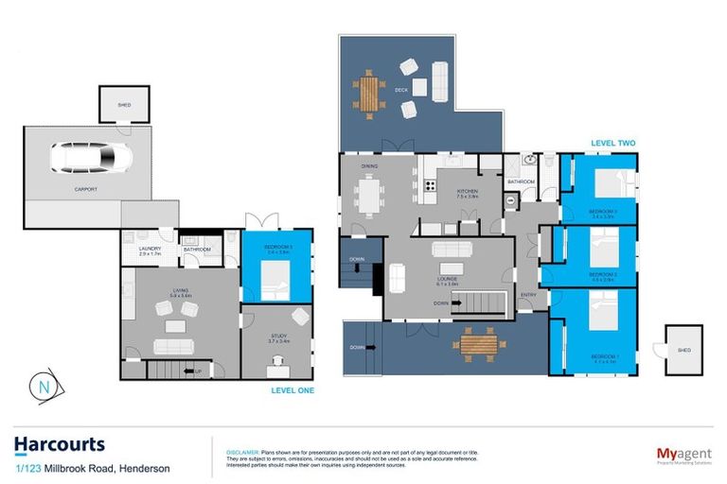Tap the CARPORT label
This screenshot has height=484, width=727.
coord(86,189)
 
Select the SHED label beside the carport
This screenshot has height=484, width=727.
coord(124,106)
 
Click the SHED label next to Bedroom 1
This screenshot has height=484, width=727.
coord(683,349)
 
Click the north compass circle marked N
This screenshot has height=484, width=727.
coord(44,386)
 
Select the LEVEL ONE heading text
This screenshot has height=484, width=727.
coord(292,389)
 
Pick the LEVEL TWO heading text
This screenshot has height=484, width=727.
coord(612,144)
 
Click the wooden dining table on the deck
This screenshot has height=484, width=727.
coord(369,93)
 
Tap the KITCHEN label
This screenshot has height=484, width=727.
coord(468,193)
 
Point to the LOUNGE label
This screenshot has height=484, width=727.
coord(447,281)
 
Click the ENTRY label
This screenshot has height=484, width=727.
coord(527,295)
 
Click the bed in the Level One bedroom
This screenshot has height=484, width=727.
coord(275,280)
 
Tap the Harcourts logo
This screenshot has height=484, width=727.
coord(59,444)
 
